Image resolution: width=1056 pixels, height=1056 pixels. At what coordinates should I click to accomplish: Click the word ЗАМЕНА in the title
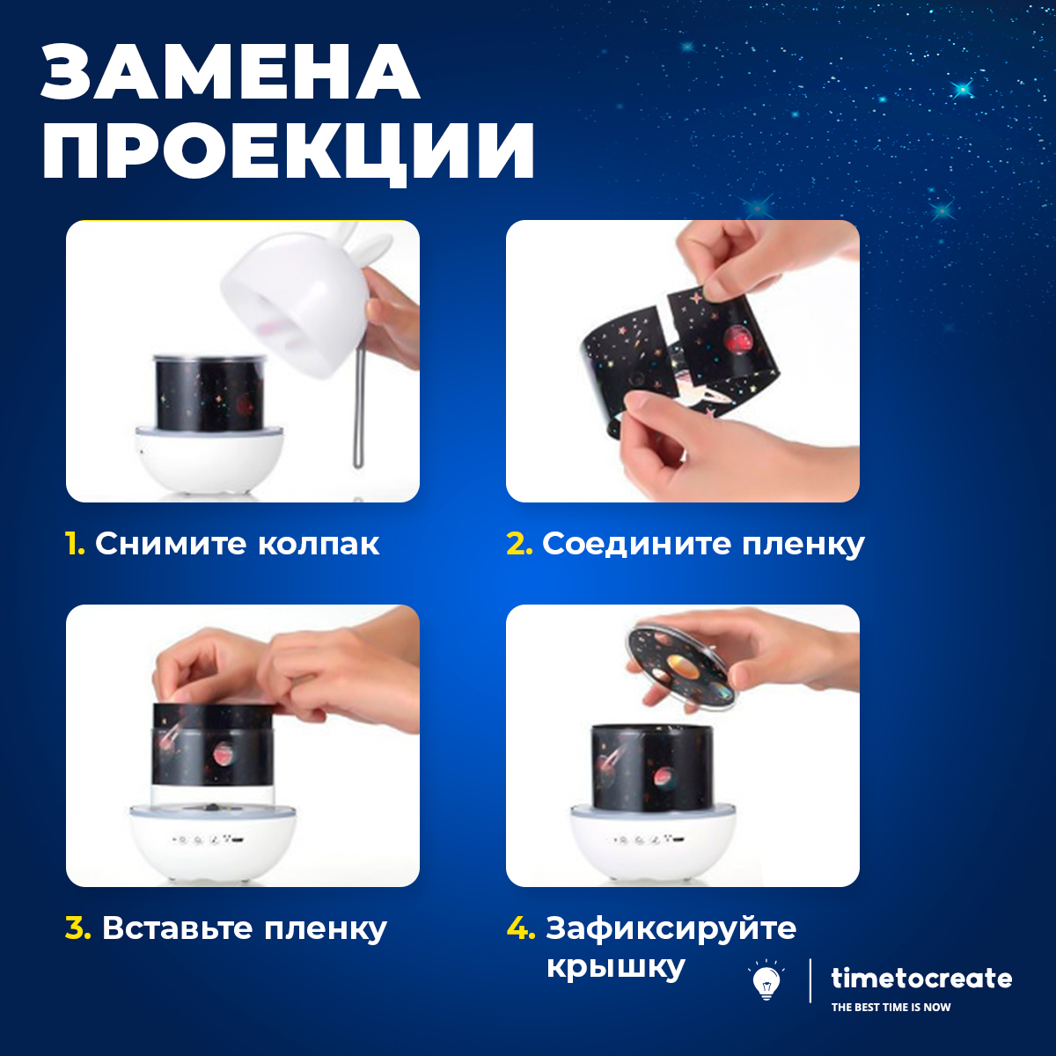[x=231, y=73]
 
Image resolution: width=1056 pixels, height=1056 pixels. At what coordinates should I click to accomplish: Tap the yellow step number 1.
[x=75, y=544]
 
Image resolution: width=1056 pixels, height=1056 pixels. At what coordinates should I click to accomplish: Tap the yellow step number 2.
[x=519, y=544]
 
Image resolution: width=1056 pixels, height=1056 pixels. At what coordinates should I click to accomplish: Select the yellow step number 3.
[x=77, y=928]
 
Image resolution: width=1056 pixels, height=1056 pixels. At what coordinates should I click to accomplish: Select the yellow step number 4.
[x=521, y=928]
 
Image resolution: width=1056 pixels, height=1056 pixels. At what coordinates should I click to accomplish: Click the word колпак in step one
[x=319, y=544]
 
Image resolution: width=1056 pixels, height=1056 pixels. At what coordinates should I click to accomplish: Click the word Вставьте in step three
[x=177, y=928]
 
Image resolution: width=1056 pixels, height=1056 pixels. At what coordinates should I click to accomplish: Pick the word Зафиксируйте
[x=671, y=929]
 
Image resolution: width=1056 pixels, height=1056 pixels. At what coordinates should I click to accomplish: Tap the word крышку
[x=615, y=968]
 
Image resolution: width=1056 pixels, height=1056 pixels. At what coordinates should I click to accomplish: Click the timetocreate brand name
[x=921, y=979]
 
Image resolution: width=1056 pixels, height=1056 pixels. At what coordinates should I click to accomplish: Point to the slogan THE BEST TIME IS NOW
[x=891, y=1008]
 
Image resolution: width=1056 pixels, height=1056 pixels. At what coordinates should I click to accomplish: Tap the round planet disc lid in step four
[x=682, y=669]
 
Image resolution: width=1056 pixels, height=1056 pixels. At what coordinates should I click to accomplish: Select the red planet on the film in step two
[x=737, y=341]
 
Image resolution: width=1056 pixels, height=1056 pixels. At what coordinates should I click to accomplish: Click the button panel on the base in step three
[x=208, y=840]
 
